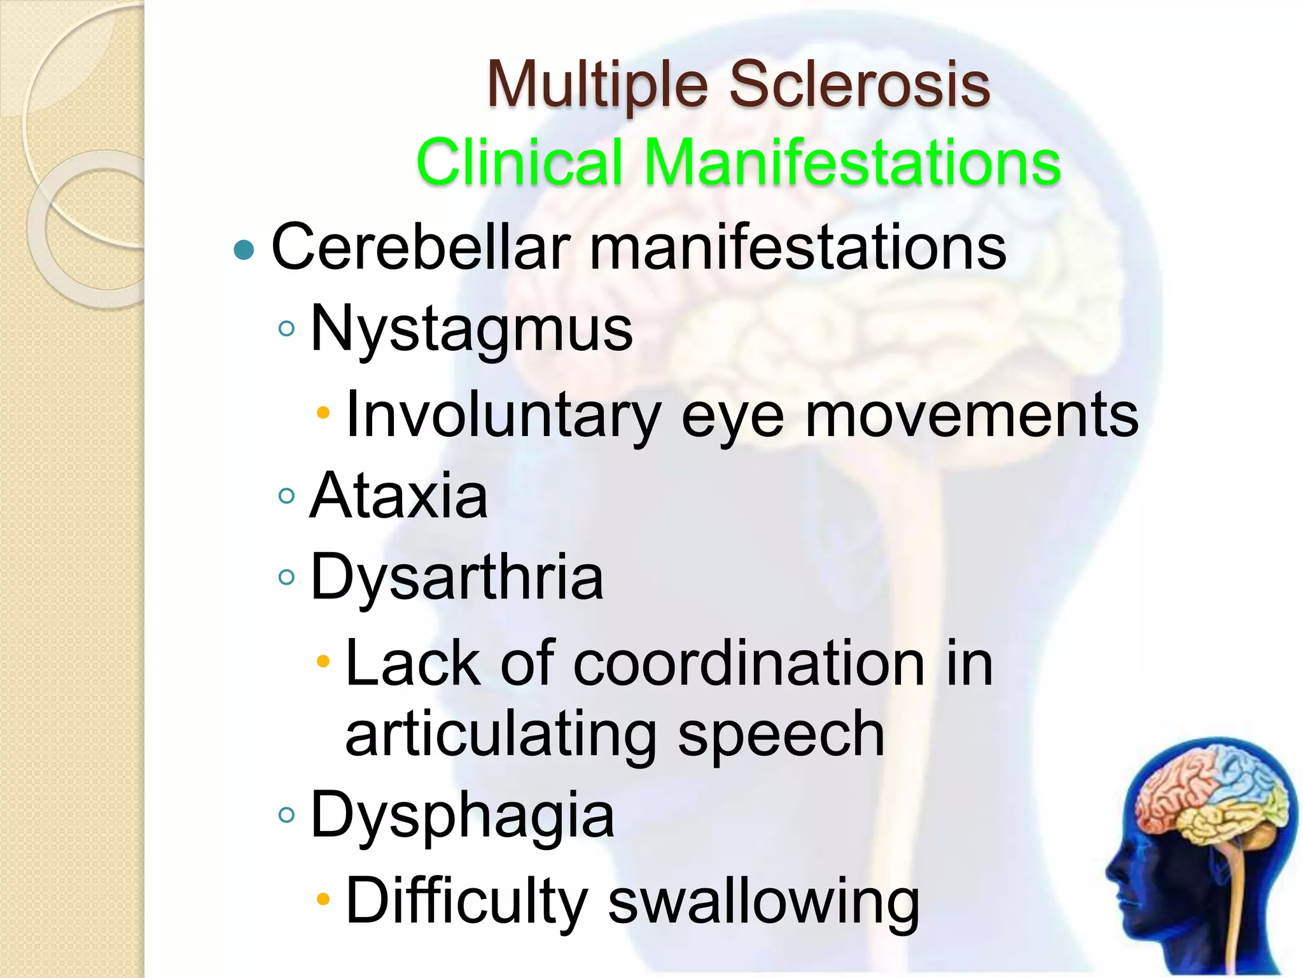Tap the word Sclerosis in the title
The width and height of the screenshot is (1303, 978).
tap(859, 85)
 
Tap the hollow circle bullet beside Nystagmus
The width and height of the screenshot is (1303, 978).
tap(287, 329)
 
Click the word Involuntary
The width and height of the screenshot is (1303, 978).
tap(503, 415)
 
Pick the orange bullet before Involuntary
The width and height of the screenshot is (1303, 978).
tap(324, 413)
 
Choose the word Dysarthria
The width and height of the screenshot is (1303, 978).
tap(456, 578)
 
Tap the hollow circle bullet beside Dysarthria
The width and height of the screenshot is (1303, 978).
tap(287, 578)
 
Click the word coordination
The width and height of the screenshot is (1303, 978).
tap(749, 664)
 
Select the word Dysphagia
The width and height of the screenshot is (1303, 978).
tap(462, 816)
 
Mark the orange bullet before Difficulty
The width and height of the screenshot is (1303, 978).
tap(324, 899)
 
